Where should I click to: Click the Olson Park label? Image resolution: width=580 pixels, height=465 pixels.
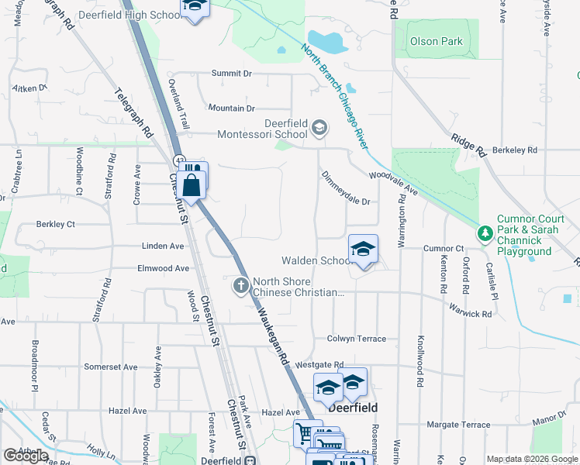click(x=436, y=41)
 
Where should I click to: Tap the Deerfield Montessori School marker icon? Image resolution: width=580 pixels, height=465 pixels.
click(x=319, y=126)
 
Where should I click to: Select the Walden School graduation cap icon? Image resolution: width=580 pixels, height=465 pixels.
click(x=363, y=250)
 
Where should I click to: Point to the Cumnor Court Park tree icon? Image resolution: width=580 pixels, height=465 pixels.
click(x=485, y=232)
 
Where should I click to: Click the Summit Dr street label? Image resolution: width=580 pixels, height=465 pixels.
click(x=232, y=74)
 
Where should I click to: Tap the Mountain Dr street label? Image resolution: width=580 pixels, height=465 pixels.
click(x=231, y=108)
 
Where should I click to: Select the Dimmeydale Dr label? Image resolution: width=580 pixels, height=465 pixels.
click(x=346, y=190)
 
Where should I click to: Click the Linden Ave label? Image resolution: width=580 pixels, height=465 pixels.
click(x=163, y=246)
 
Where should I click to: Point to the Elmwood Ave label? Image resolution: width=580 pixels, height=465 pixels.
click(x=163, y=268)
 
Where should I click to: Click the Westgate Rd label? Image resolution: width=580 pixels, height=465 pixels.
click(x=319, y=364)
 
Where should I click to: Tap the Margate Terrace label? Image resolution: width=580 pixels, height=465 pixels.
click(x=459, y=425)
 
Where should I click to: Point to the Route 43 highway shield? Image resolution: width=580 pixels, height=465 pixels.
click(x=180, y=160)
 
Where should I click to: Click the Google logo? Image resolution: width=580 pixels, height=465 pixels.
click(x=26, y=456)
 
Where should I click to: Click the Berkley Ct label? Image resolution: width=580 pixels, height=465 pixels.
click(x=55, y=224)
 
